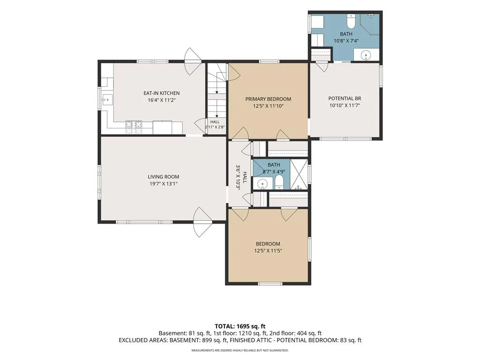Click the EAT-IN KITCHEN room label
coord(161,93)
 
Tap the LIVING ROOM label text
coord(164,177)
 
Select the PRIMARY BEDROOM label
coord(268,99)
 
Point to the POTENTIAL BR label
coord(345,98)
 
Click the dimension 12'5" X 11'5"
coord(268,251)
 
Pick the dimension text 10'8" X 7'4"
coord(346,41)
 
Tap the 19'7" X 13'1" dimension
coord(164,184)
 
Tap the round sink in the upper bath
coord(366,55)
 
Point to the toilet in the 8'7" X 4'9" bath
coord(279,184)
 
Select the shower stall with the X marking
coord(299,174)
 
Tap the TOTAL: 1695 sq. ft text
coord(238,326)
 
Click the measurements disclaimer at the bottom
coord(240,350)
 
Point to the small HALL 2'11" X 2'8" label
coord(215,124)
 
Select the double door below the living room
coord(202,222)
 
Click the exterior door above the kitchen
coord(193,61)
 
